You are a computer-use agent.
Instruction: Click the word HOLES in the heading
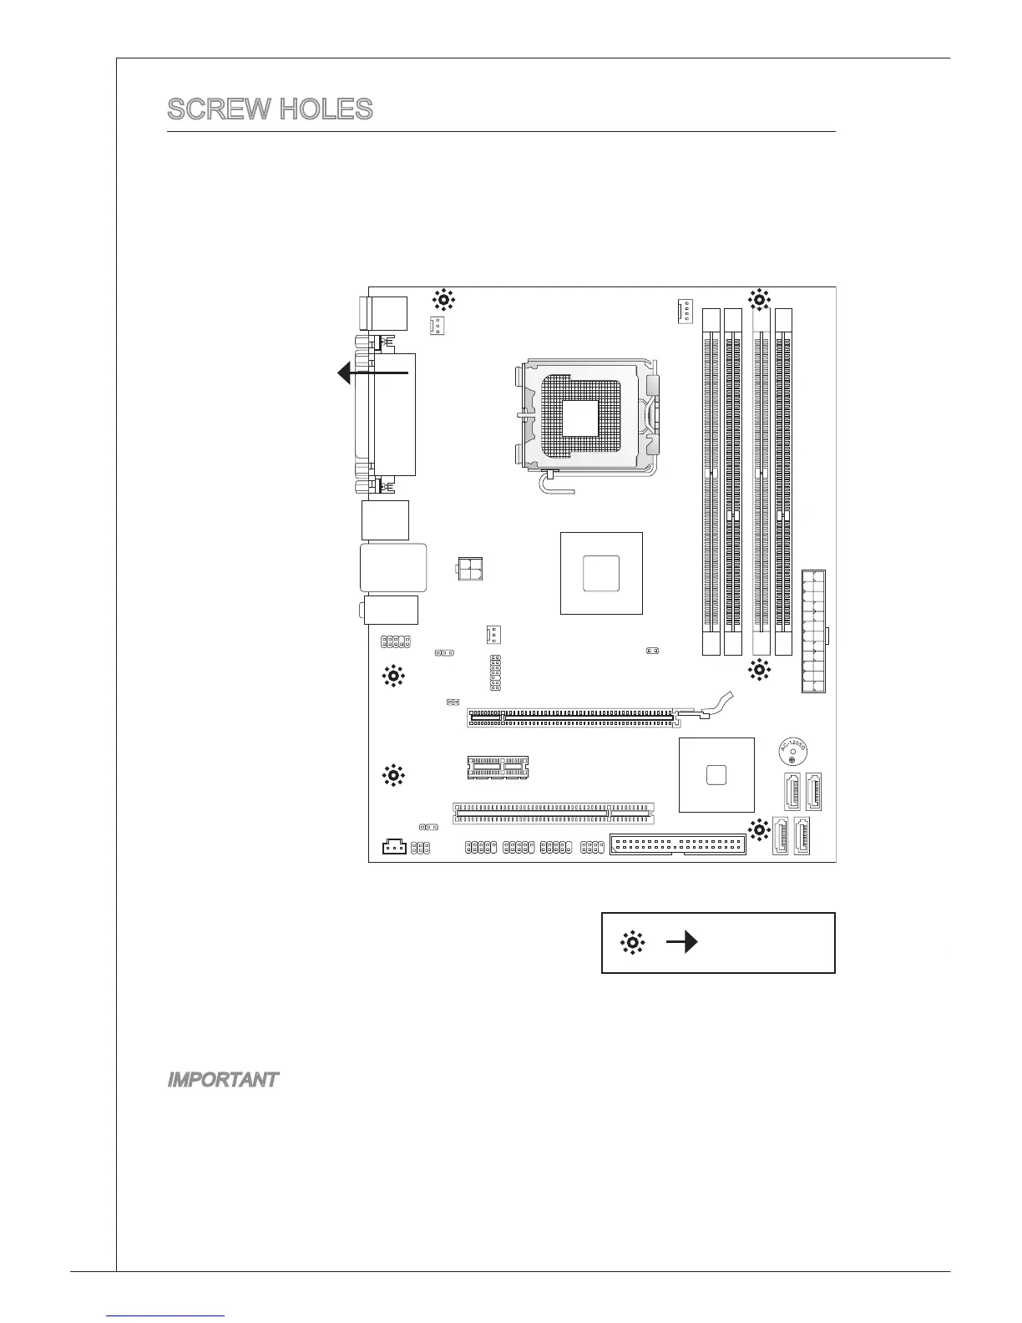[x=326, y=109]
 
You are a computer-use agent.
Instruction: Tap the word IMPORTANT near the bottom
[x=222, y=1080]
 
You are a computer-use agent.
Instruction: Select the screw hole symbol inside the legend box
[x=633, y=943]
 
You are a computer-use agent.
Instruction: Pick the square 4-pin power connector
[x=471, y=570]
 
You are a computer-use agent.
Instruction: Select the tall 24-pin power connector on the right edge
[x=814, y=631]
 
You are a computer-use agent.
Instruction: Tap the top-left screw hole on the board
[x=443, y=298]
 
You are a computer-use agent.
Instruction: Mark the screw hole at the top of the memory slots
[x=758, y=298]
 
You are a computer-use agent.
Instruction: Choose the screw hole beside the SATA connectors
[x=759, y=830]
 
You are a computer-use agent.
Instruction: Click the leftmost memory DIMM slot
[x=711, y=482]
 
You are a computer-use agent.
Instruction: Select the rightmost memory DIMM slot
[x=783, y=482]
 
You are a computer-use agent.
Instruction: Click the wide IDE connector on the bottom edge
[x=678, y=844]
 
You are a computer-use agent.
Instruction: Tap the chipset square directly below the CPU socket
[x=601, y=572]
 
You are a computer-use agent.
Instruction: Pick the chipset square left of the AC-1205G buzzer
[x=716, y=774]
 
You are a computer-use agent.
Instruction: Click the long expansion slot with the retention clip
[x=570, y=717]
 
